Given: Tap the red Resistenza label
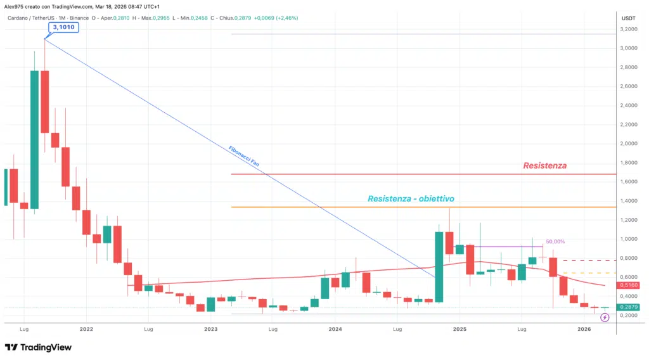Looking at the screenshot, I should [x=544, y=165].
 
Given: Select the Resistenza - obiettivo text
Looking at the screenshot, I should [x=411, y=198].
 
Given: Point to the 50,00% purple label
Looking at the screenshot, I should [x=555, y=241].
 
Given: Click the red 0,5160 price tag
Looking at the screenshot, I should [x=629, y=286].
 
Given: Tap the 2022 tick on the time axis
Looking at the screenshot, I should [x=87, y=330].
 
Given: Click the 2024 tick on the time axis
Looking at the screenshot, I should [x=335, y=330].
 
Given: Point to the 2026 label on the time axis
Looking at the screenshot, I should [x=584, y=330].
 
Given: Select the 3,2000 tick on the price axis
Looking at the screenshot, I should [x=629, y=29].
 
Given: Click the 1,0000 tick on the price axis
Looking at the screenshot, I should [x=629, y=239].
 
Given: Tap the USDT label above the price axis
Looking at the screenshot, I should [x=629, y=18].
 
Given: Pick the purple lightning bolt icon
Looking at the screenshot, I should [x=604, y=317].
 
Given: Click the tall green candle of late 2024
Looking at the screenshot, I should [x=439, y=266].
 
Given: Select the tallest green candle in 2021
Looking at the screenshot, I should [x=34, y=139].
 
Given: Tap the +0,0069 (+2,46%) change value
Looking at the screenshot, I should [x=276, y=18].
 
